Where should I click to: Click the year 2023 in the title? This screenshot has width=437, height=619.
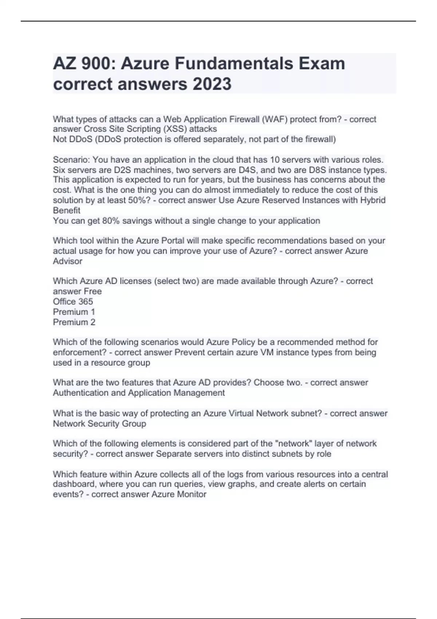point(212,84)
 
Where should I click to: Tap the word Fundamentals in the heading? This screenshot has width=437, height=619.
point(234,64)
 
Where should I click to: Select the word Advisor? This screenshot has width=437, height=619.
point(67,261)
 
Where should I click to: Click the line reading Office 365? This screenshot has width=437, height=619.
point(73,302)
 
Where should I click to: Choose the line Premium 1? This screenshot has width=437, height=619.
point(74,312)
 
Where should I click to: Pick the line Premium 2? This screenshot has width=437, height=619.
point(74,322)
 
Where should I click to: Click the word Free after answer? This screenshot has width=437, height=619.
point(92,292)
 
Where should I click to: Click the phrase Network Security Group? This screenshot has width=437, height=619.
point(99,424)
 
